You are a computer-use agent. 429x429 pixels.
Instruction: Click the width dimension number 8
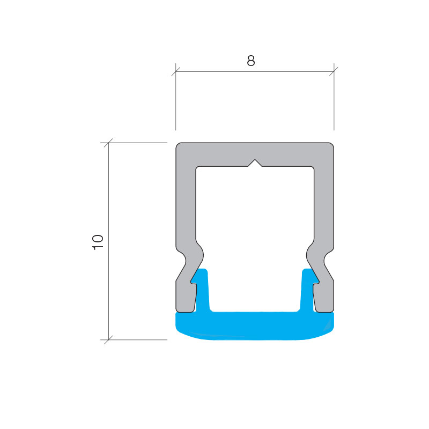(x=250, y=61)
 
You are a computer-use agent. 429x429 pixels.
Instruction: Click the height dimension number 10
(x=98, y=242)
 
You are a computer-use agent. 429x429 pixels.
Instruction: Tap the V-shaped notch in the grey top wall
(x=255, y=163)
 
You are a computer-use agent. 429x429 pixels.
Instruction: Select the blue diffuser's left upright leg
(x=202, y=290)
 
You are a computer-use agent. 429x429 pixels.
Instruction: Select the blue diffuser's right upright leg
(x=308, y=290)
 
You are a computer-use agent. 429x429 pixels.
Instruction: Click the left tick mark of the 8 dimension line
(x=176, y=71)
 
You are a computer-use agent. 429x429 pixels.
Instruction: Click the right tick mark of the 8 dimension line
(x=334, y=71)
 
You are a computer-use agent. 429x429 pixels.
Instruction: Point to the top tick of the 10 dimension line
(x=109, y=143)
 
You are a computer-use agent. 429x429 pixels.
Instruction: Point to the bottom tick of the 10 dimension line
(x=109, y=340)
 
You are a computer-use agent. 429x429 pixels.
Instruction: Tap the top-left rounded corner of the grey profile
(x=178, y=145)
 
